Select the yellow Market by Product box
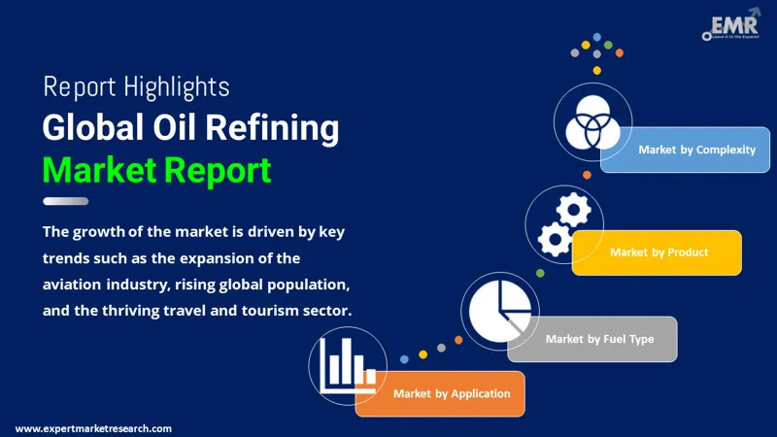coord(659,252)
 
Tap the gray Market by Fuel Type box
coord(598,339)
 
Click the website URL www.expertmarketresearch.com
coord(94,428)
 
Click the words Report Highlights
coord(136,86)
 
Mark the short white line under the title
coord(66,201)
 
